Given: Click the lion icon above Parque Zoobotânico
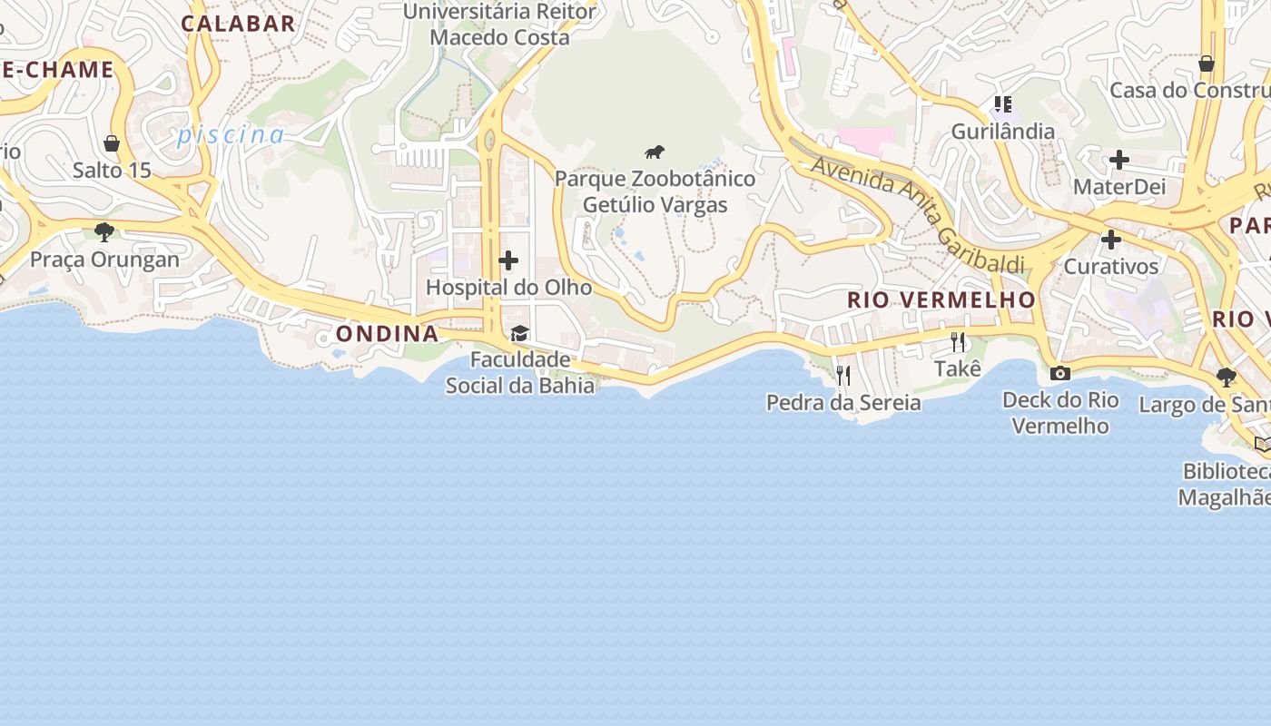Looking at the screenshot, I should [655, 152].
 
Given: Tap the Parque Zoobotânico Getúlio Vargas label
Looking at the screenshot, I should [655, 191].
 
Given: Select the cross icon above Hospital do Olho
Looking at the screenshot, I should [508, 261].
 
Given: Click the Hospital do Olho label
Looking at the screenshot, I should [508, 288].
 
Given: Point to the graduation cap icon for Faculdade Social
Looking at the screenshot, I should [519, 334].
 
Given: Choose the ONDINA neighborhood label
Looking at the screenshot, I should [388, 334].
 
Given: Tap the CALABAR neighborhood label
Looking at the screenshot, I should [239, 24].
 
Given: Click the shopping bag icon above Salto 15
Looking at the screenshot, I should [112, 143].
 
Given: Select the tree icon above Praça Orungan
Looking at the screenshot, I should [104, 232].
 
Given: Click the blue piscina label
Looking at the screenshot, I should [231, 135].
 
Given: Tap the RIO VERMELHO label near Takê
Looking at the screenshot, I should [941, 299].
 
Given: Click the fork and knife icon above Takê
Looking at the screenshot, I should [958, 342].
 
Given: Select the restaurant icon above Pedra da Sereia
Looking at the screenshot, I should [843, 375].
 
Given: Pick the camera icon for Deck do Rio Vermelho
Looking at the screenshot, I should [1059, 373].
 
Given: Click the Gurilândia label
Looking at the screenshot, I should [1002, 132].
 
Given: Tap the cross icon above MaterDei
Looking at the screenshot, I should [1118, 161].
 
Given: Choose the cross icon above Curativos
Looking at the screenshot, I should [1110, 240].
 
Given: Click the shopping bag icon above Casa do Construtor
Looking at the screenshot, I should [1206, 64].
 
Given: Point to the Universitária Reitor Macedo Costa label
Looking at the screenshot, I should [499, 25].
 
